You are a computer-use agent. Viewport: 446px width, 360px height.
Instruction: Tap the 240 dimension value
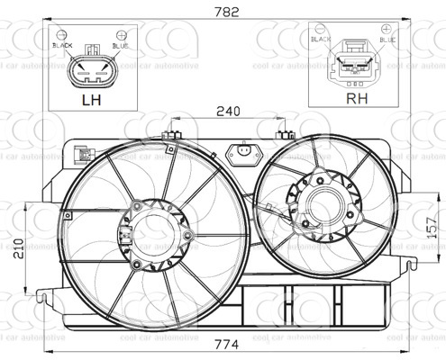[x=227, y=112]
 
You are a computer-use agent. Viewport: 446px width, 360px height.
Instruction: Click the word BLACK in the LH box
[x=62, y=44]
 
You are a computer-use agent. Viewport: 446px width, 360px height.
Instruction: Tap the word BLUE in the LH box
[x=121, y=44]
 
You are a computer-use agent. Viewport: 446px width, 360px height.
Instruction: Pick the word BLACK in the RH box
[x=321, y=40]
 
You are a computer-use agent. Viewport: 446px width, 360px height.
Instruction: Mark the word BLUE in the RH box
[x=387, y=40]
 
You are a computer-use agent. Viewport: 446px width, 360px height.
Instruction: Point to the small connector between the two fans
[x=241, y=154]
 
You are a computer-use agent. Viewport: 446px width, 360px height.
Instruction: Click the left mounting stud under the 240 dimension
[x=168, y=136]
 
